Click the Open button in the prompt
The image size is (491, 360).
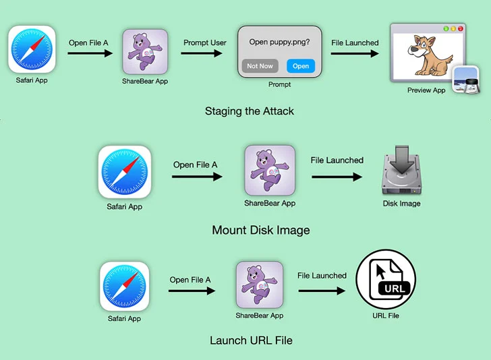300,66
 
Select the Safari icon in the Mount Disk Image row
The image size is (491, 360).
125,173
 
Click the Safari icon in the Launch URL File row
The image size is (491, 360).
124,287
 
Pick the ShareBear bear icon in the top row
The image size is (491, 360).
143,52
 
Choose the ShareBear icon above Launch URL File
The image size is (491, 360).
259,285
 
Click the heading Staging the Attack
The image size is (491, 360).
250,111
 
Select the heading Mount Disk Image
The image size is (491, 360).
261,230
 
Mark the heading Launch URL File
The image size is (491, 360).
251,340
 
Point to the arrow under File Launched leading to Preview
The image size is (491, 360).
354,56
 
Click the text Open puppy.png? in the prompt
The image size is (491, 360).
280,42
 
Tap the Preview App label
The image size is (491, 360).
426,90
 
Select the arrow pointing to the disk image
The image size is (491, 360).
337,177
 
